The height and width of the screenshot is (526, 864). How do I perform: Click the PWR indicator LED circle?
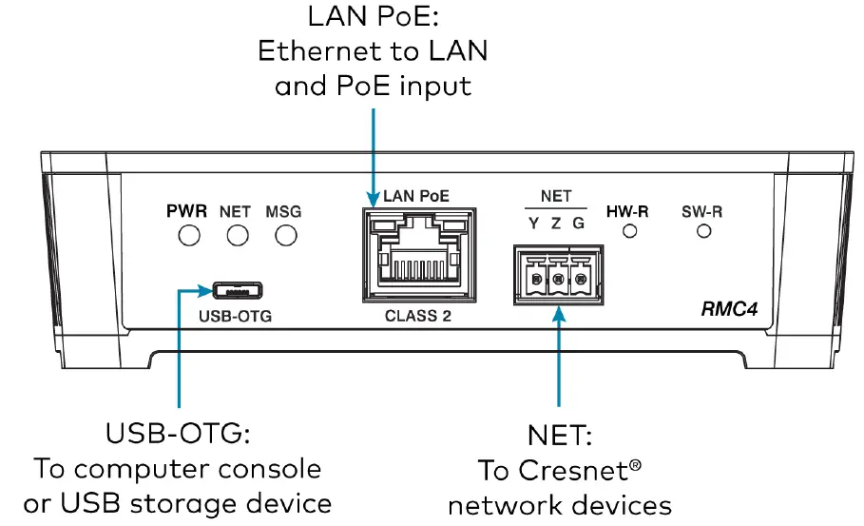tap(190, 235)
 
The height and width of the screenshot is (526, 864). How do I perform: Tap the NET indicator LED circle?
tap(237, 235)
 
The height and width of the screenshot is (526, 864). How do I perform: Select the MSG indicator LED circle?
tap(283, 235)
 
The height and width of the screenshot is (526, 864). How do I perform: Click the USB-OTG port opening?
tap(236, 288)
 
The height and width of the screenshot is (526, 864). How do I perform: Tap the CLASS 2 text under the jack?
tap(416, 317)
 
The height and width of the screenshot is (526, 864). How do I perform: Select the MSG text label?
tap(283, 211)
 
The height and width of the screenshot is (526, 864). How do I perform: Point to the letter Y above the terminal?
tap(534, 224)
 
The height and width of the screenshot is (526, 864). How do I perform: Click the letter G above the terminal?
tap(579, 224)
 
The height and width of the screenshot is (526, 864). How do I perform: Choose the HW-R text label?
tap(627, 211)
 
